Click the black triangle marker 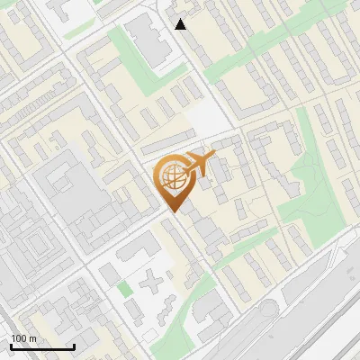point(181,24)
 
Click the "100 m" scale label point(24,338)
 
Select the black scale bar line point(42,346)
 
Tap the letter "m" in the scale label point(32,338)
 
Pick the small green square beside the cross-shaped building point(124,289)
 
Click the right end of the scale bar point(74,346)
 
